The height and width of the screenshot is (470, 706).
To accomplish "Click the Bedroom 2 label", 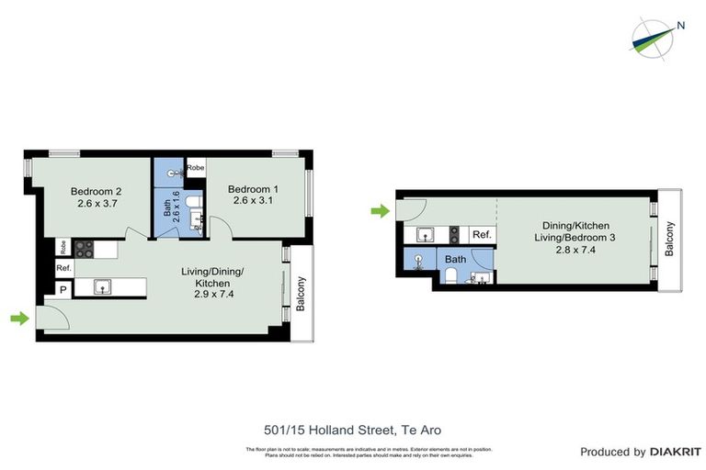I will coord(97,191).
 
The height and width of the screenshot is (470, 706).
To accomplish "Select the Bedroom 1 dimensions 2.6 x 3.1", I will coord(254,200).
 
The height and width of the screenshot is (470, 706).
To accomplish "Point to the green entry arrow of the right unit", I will coord(380,212).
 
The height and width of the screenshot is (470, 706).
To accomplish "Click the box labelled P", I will coord(63,288).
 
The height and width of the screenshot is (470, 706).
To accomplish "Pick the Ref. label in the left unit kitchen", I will coord(63,268).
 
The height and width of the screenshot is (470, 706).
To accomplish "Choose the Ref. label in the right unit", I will coord(482,235).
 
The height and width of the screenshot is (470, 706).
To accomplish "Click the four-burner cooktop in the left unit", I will coord(84,247).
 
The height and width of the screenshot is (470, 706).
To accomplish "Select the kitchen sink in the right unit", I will coord(425,235).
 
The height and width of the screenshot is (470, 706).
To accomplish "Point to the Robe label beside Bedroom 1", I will coord(196,168).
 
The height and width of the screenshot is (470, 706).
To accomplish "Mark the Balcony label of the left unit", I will coord(300,293).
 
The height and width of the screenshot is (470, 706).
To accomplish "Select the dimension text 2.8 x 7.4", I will coord(575,250).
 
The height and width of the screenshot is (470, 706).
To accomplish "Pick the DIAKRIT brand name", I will coord(675,452).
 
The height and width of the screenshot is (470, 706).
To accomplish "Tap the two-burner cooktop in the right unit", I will coord(454,235).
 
